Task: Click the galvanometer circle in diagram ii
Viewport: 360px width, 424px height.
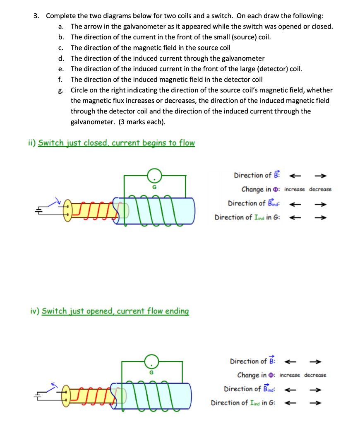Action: (x=154, y=176)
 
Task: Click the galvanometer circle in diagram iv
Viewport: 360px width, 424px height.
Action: (x=151, y=361)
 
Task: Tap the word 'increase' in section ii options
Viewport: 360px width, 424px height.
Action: (x=295, y=189)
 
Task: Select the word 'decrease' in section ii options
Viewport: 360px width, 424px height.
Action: (x=320, y=189)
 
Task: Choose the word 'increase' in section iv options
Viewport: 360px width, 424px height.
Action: (x=290, y=375)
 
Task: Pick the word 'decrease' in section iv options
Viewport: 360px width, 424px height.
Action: (x=315, y=375)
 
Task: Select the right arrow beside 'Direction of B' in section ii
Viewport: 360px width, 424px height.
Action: (x=321, y=175)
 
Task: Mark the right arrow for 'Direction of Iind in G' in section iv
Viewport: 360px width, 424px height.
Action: (x=316, y=402)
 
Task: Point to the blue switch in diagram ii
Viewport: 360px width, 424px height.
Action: (x=54, y=202)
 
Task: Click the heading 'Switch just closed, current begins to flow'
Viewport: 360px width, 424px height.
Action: (x=116, y=143)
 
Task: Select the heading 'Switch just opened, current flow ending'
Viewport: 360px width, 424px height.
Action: (x=115, y=311)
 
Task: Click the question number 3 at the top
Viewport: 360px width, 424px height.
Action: (x=36, y=16)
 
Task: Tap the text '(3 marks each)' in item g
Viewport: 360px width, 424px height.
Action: (x=142, y=122)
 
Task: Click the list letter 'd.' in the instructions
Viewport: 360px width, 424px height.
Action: (x=61, y=58)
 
